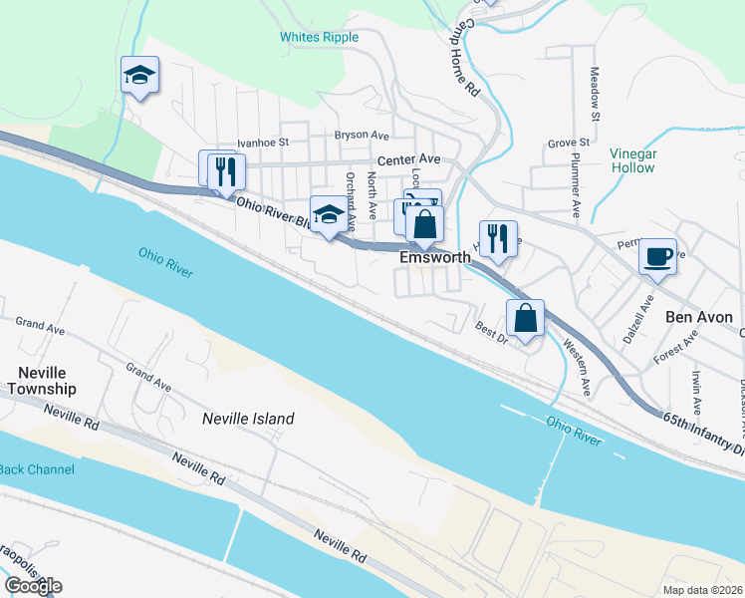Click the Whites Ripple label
pos(319,38)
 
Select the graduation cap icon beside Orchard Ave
pos(330,214)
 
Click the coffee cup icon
pos(657,257)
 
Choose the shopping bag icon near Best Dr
pos(526,319)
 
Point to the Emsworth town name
pos(434,257)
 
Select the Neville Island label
pos(248,420)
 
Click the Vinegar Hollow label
pos(632,160)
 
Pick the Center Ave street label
pos(407,159)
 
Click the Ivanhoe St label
pos(262,143)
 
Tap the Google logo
pos(33,586)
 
